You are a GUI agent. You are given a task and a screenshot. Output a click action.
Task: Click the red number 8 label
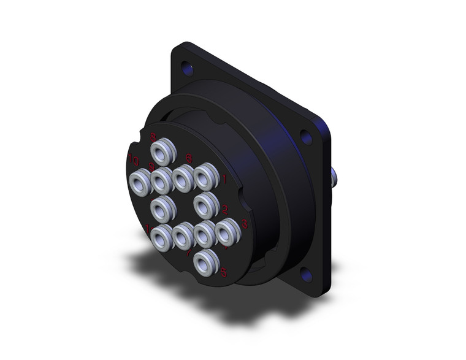coord(153,138)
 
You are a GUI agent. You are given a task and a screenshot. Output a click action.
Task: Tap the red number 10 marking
coord(132,161)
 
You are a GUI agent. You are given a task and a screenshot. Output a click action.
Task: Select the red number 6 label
coord(188,159)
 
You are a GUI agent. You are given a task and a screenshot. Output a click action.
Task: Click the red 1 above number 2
coord(224,178)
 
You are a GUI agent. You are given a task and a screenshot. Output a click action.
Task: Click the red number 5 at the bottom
coord(224,273)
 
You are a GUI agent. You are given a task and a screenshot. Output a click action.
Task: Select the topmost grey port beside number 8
coord(164,150)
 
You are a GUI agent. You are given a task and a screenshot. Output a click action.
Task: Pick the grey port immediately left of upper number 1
coord(204,178)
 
